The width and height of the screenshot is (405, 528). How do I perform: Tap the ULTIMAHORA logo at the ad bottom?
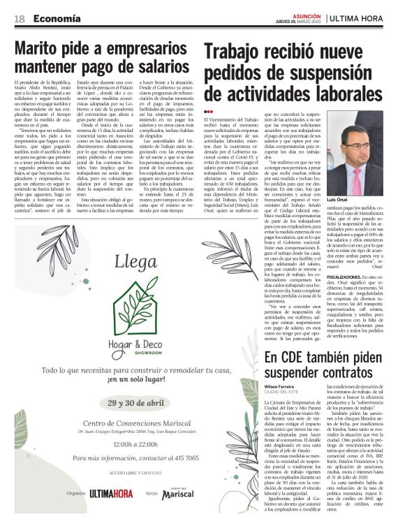click(x=110, y=513)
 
